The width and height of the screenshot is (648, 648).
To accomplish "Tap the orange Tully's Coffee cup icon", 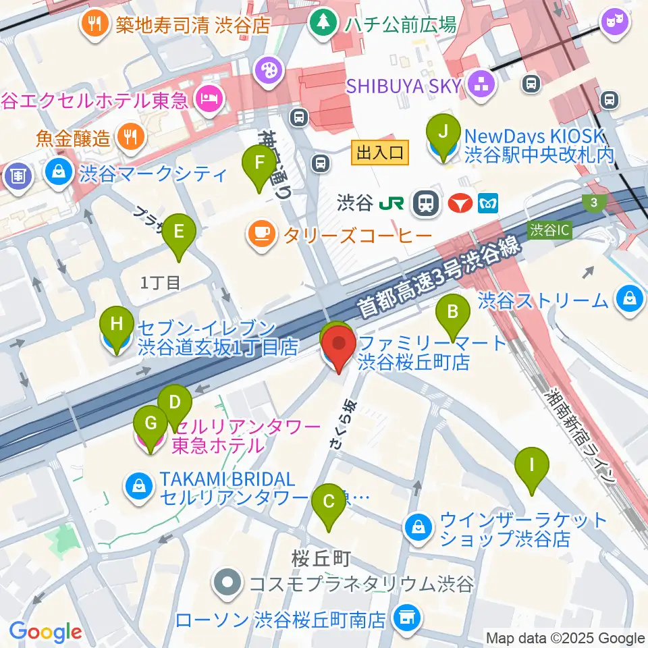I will click(x=261, y=234).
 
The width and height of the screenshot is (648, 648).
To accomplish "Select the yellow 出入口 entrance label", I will click(x=380, y=153).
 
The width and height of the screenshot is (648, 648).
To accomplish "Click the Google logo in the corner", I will click(x=46, y=632).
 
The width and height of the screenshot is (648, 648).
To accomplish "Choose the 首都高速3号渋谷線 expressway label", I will click(x=439, y=278).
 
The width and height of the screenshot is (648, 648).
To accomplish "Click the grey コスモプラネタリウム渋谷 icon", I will click(x=228, y=583).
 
